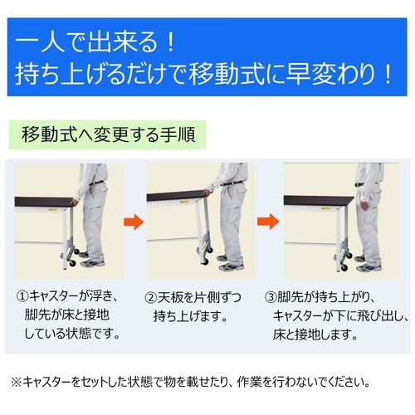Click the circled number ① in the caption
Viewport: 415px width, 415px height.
(x=23, y=296)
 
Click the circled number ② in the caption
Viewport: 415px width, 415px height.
(x=152, y=296)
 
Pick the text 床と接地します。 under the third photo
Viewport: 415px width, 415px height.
(x=316, y=336)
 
